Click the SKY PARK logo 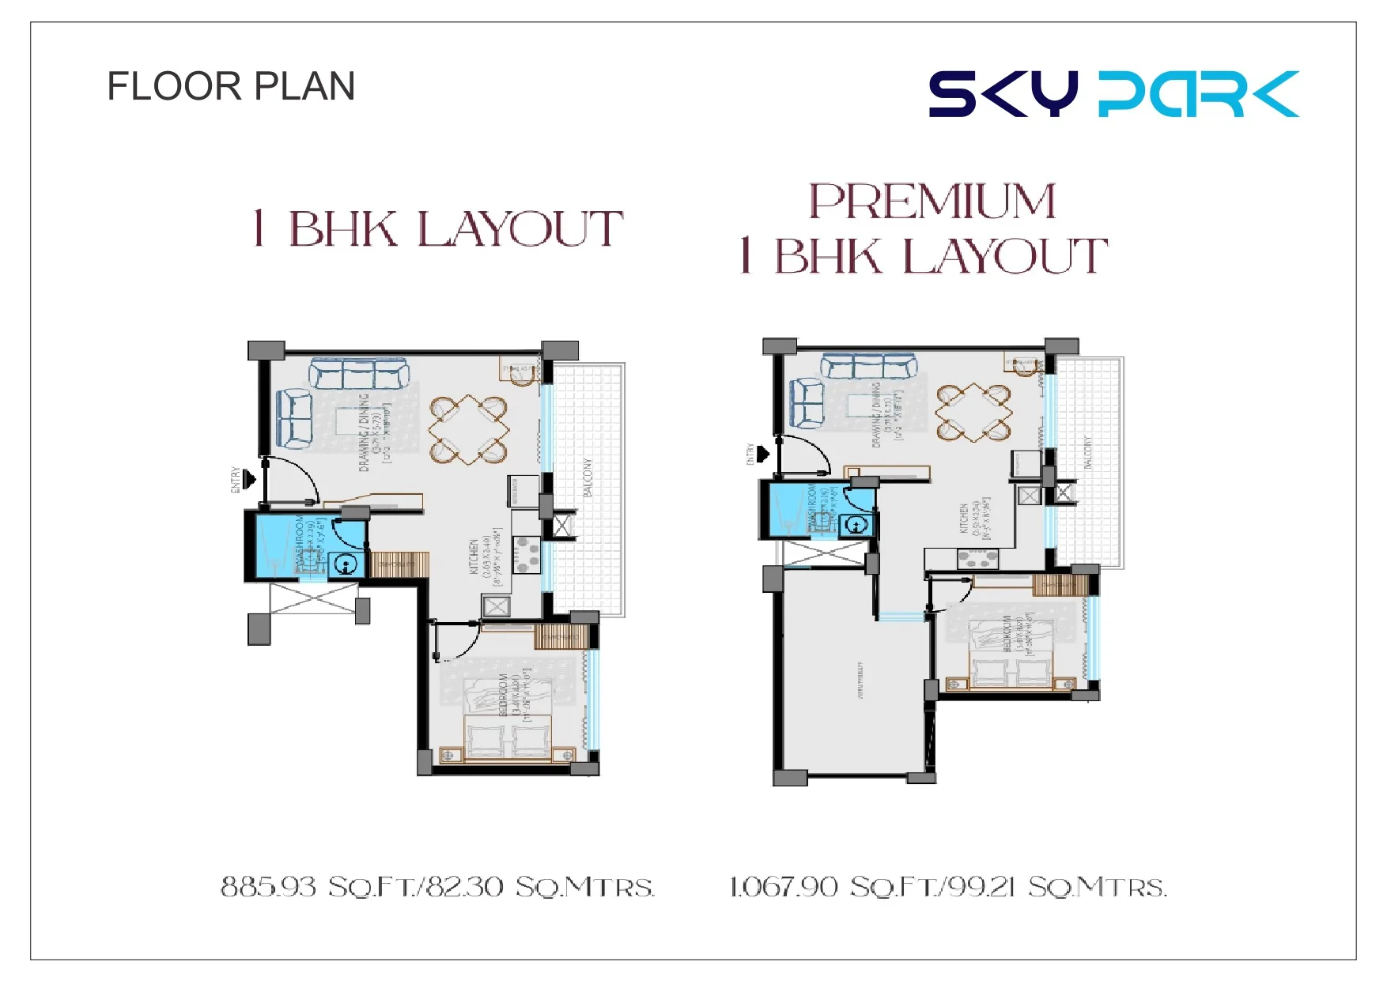[1113, 94]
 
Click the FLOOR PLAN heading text [231, 86]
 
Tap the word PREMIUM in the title [932, 202]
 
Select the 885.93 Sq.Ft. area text [437, 887]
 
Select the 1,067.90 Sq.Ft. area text [947, 887]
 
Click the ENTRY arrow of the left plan [250, 479]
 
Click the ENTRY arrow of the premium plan [763, 454]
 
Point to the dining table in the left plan [469, 429]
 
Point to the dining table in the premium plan [973, 412]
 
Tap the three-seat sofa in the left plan [359, 373]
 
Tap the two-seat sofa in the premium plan [807, 403]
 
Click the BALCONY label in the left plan [588, 477]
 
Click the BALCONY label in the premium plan [1087, 452]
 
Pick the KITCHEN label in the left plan [474, 557]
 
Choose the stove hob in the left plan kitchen [526, 555]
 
